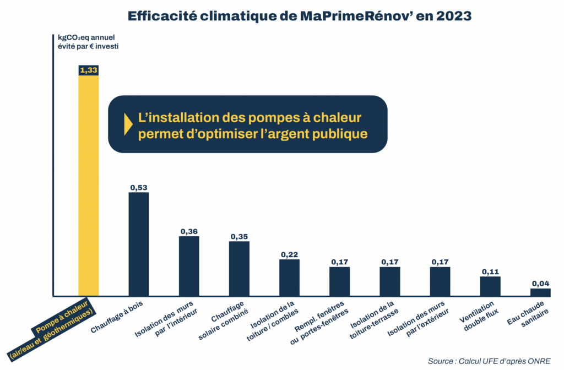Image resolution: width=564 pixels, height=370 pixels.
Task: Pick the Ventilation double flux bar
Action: point(490,285)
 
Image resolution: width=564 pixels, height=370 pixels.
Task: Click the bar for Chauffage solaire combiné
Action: point(239,268)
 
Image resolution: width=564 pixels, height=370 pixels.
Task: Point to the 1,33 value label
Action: point(88,70)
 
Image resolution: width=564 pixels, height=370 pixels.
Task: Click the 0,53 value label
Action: point(138,187)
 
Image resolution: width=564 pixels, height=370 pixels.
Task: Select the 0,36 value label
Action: point(189,231)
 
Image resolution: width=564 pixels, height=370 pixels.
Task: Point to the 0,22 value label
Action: point(289,254)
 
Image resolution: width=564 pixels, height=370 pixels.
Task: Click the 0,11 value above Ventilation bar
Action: point(490,271)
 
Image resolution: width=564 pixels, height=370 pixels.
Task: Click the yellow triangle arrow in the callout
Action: point(128,124)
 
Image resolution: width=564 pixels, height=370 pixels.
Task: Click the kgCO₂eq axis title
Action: point(87,42)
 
